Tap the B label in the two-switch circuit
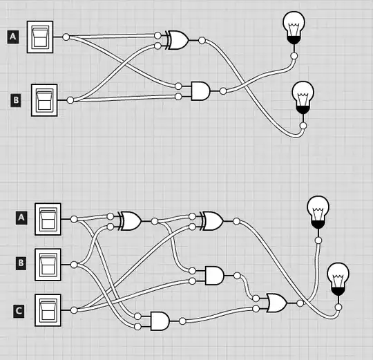17,100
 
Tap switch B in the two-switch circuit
46,100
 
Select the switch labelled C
48,310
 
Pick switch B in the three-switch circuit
48,263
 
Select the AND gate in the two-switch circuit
200,91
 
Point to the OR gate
276,303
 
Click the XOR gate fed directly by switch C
212,221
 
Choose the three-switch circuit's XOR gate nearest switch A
130,221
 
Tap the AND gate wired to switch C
214,275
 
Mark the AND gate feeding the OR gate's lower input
159,321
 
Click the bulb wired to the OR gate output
318,211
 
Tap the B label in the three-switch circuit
21,263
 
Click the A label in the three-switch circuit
21,218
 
